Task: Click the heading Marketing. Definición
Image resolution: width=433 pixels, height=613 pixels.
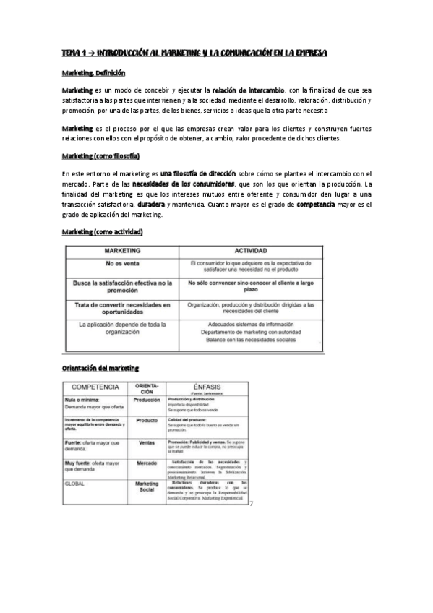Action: click(x=93, y=73)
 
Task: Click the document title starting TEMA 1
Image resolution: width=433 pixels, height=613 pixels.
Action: click(x=194, y=53)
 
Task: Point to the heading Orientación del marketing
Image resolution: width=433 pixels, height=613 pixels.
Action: click(x=100, y=369)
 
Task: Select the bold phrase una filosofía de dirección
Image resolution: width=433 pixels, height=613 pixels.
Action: click(x=199, y=173)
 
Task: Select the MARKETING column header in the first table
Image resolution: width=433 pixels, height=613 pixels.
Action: click(x=122, y=249)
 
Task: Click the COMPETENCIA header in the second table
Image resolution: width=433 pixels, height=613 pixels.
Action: click(x=96, y=387)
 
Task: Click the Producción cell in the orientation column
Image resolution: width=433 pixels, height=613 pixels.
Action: click(x=147, y=400)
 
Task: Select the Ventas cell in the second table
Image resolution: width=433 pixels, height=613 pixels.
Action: click(x=147, y=443)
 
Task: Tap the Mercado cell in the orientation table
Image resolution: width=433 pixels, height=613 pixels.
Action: click(x=147, y=463)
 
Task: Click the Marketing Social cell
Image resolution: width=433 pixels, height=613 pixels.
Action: click(x=147, y=487)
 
